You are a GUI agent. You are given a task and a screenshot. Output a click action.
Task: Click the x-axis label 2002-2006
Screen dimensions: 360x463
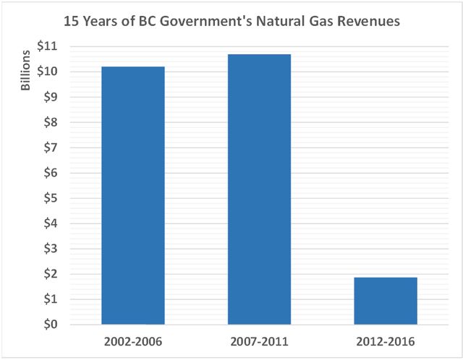[132, 341]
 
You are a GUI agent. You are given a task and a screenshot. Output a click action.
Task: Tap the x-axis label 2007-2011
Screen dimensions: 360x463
[259, 341]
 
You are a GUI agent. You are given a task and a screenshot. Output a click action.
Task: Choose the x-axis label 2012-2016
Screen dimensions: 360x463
[385, 341]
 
